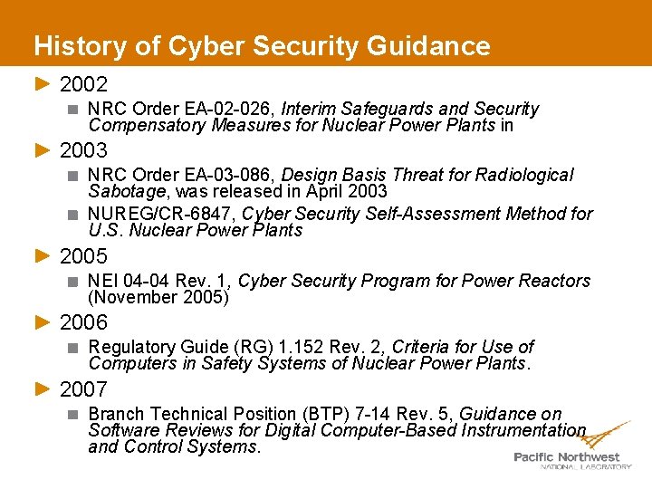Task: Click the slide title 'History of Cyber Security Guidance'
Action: coord(262,46)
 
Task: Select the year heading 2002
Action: coord(83,85)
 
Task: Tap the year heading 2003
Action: coord(83,150)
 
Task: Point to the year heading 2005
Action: coord(83,256)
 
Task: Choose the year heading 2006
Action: coord(83,322)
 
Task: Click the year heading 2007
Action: coord(83,389)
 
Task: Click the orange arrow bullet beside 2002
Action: coord(42,85)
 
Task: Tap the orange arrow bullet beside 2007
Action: coord(42,389)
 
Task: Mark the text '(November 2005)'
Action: coord(158,297)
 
